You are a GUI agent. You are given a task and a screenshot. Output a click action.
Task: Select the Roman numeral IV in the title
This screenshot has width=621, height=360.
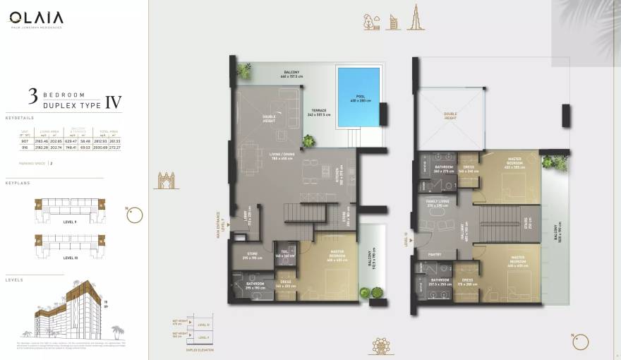(113, 102)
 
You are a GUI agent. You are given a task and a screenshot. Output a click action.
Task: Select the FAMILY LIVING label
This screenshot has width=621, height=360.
(437, 202)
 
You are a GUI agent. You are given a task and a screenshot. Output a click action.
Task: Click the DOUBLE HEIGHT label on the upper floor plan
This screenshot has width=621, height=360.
(450, 115)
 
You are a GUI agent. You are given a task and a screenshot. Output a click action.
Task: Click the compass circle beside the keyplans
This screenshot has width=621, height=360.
(135, 215)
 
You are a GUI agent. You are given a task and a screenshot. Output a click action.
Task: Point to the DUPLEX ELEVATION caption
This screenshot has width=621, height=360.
(199, 349)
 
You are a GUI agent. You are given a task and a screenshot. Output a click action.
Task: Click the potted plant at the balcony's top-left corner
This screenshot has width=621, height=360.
(244, 71)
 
